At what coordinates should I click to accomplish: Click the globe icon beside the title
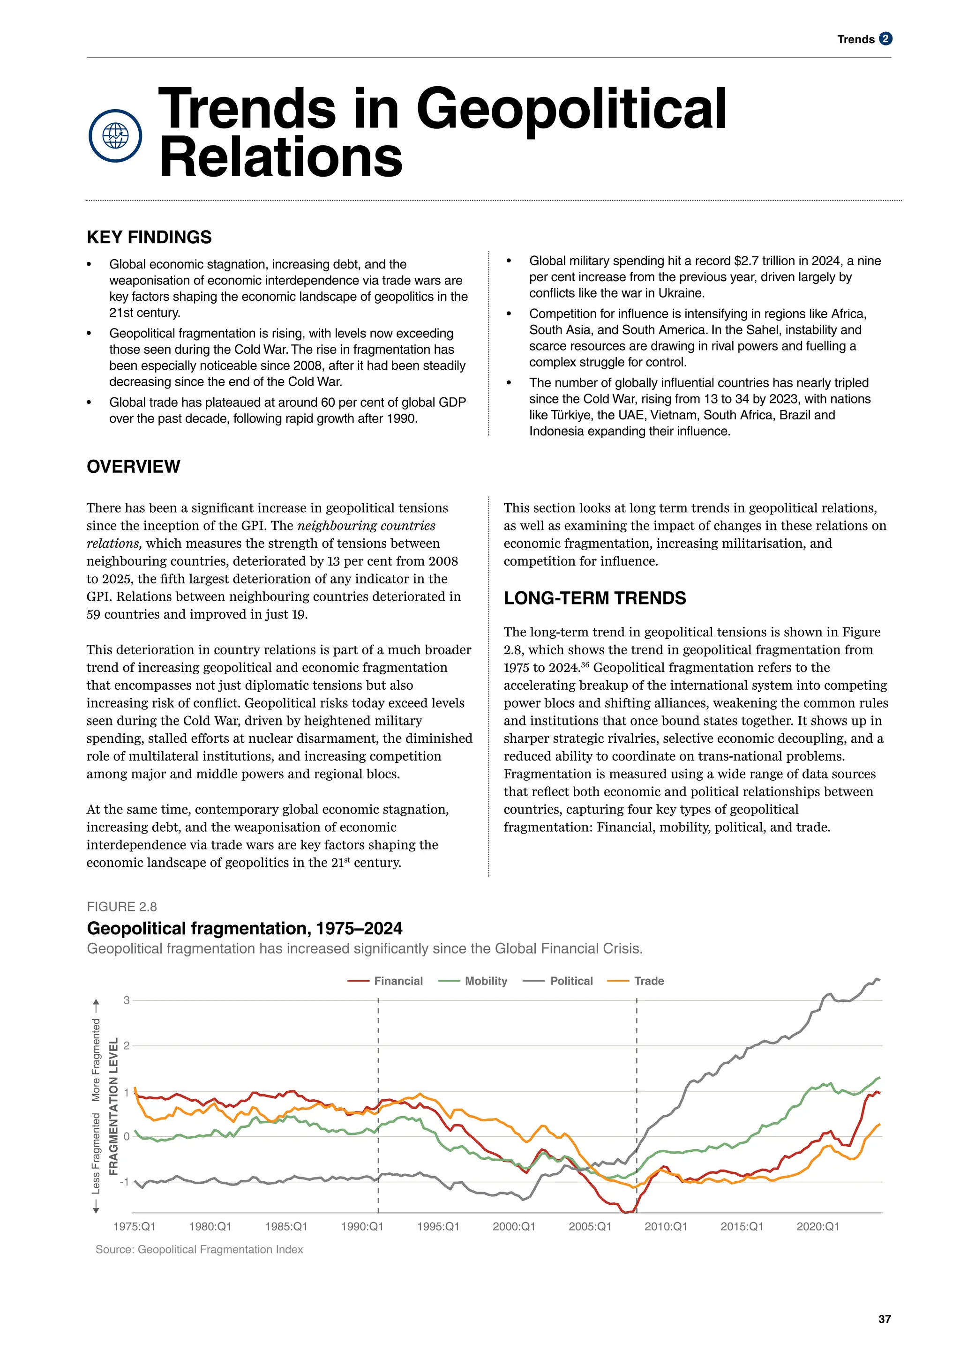115,135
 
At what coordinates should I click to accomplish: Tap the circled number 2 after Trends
885,39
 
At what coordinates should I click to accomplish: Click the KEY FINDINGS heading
149,237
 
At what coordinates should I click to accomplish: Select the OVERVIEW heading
133,466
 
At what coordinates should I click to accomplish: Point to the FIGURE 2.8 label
122,907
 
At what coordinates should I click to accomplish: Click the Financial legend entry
398,981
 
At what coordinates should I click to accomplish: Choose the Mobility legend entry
485,981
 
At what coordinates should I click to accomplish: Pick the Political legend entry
570,981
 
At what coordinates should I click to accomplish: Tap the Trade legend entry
648,981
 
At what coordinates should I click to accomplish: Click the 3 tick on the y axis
127,1000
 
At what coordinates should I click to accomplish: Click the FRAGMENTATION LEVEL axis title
113,1106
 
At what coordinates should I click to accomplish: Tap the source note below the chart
199,1249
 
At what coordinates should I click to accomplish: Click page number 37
885,1319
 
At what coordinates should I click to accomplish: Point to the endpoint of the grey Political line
879,980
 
